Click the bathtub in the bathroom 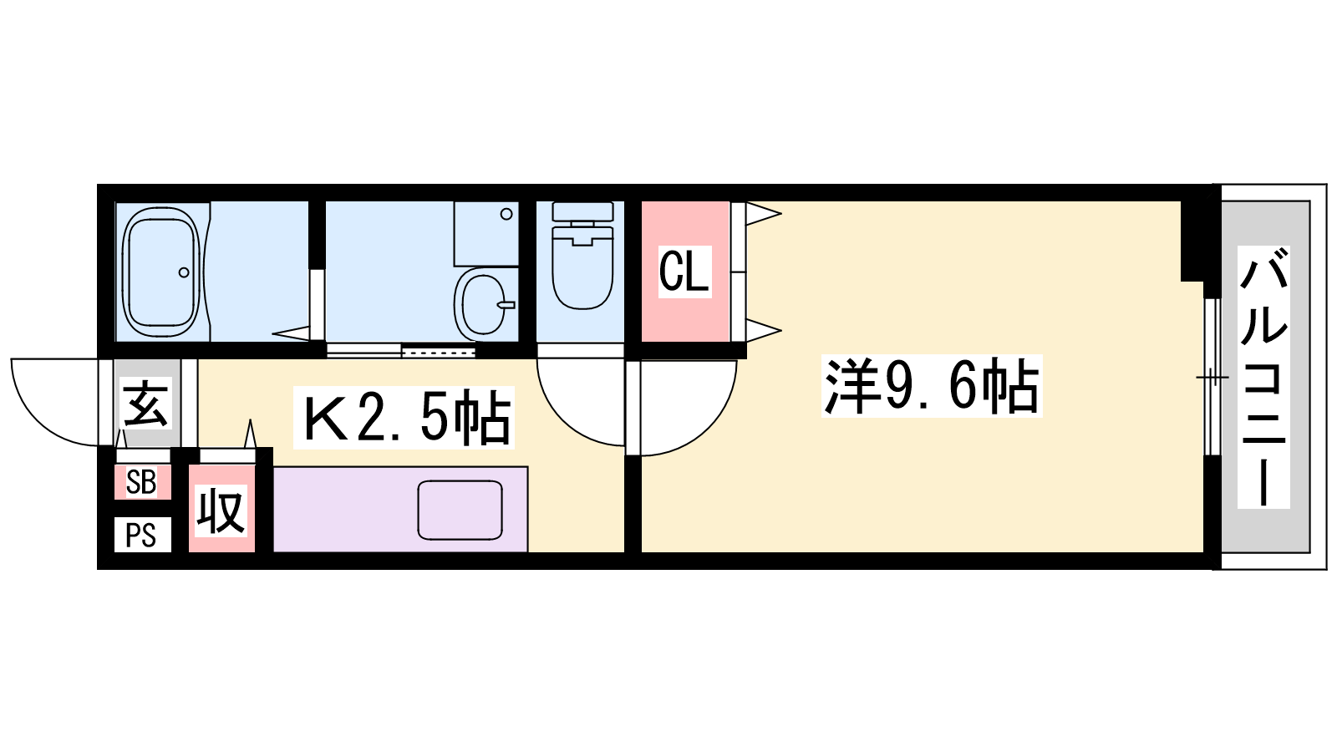pos(161,272)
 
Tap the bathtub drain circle pos(184,272)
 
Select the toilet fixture pos(582,267)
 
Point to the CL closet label pos(684,271)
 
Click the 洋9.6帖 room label pos(931,387)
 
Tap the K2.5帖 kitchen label pos(404,417)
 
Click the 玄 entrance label pos(147,404)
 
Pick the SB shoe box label pos(141,482)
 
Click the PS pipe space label pos(141,535)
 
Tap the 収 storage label pos(221,511)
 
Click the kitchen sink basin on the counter pos(460,510)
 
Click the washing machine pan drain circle pos(506,214)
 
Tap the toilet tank pos(582,212)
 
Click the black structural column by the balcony pos(1196,239)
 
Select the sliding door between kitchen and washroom pos(401,351)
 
